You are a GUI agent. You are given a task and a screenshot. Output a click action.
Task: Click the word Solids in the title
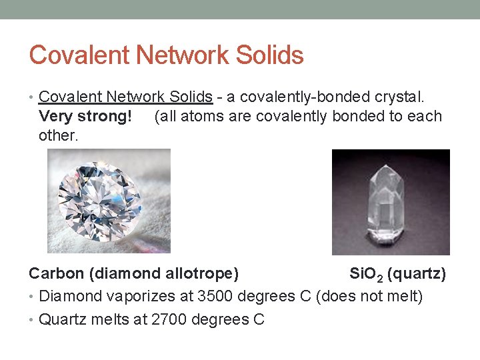tap(269, 55)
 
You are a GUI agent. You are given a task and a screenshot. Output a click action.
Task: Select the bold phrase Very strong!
tap(85, 117)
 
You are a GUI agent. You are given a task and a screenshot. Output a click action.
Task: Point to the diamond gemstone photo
tap(109, 201)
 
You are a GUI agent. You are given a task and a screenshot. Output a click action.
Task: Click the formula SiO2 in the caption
tap(366, 274)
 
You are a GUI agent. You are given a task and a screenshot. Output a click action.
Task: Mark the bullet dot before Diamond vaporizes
tap(32, 296)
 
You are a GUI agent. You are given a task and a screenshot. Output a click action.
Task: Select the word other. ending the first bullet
tap(59, 135)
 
